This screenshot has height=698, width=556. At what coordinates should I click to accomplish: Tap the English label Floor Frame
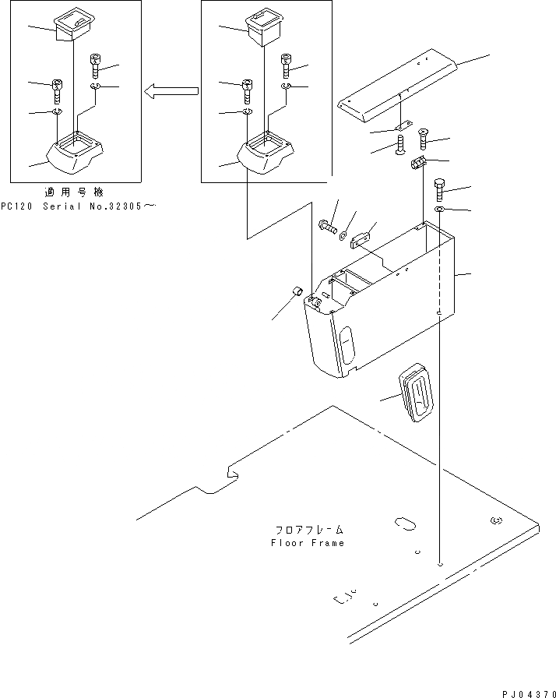click(x=307, y=543)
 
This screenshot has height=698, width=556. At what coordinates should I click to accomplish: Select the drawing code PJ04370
click(x=526, y=693)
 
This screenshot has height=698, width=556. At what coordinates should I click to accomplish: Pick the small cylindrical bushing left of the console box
click(x=296, y=291)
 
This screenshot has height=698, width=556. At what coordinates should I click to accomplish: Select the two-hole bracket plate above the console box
click(x=363, y=239)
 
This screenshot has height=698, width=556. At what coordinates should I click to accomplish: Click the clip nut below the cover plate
click(x=417, y=164)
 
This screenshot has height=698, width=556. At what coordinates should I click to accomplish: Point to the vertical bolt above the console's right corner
click(x=439, y=189)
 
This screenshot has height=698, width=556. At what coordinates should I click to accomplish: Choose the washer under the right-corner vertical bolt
click(x=440, y=210)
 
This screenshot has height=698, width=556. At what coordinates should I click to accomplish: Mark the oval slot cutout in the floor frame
click(x=406, y=523)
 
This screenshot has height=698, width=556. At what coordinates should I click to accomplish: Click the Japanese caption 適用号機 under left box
click(x=75, y=192)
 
